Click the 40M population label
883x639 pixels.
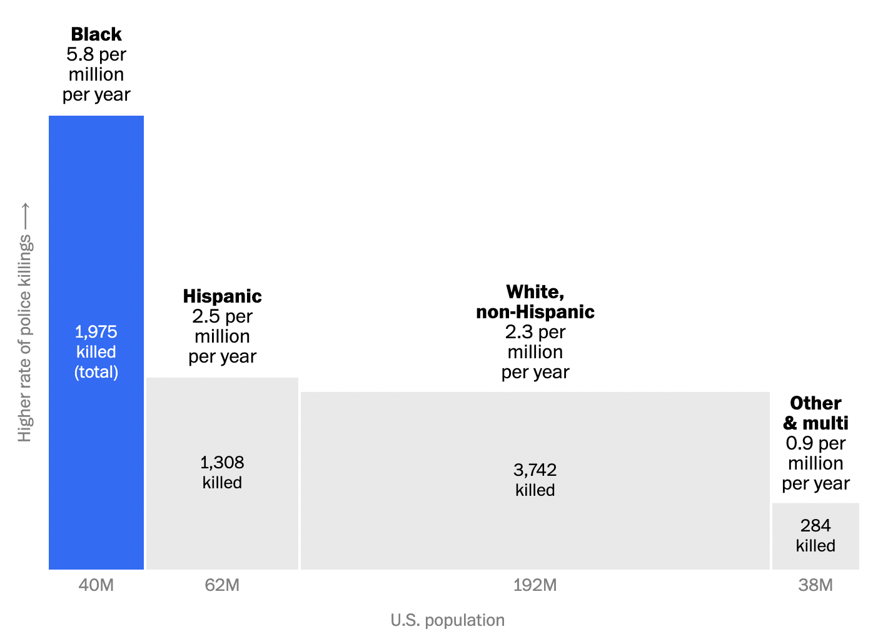point(96,585)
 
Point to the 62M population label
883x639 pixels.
point(222,585)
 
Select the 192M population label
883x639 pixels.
point(535,585)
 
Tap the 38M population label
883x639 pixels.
point(815,585)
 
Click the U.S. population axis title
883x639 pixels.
point(447,620)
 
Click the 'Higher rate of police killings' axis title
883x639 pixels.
point(24,338)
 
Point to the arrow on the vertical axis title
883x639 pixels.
point(25,216)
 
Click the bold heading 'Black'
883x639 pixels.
point(96,34)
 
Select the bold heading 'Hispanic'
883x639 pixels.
point(222,296)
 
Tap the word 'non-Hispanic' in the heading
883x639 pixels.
point(535,311)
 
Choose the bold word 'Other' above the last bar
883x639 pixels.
point(815,403)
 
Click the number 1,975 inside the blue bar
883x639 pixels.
point(96,331)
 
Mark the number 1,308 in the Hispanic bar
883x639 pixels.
point(222,463)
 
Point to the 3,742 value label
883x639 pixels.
point(535,470)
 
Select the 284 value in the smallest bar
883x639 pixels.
point(815,526)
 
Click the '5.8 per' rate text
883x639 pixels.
point(96,54)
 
